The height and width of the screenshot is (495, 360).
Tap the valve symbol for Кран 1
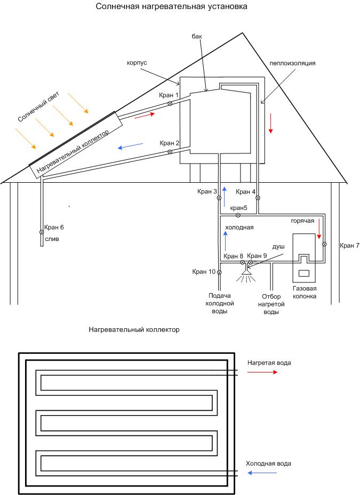point(170,103)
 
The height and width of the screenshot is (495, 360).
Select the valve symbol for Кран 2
point(170,152)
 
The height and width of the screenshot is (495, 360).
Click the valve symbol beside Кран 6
point(42,232)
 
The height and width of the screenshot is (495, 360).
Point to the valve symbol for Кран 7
point(324,244)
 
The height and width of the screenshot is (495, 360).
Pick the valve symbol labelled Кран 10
point(219,272)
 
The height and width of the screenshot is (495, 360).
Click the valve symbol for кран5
point(238,215)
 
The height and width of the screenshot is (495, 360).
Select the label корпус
point(137,63)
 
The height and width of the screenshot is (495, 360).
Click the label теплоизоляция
point(293,63)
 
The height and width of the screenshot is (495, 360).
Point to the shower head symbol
point(246,272)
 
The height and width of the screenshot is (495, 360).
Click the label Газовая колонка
point(305,292)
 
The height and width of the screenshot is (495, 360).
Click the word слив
point(52,239)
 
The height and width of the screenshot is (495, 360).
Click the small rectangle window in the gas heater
point(304,273)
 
